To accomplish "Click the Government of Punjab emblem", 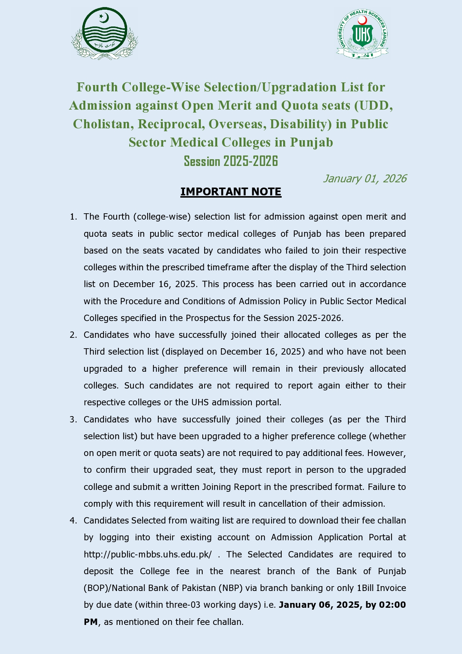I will (105, 34).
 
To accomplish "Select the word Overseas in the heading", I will (236, 124).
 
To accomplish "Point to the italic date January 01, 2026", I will (364, 179).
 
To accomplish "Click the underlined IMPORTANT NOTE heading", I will (231, 192).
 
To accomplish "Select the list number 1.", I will (73, 217).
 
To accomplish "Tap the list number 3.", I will (73, 419).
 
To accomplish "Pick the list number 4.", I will (73, 521).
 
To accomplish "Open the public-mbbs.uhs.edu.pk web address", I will (148, 554).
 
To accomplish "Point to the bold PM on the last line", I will (91, 622).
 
